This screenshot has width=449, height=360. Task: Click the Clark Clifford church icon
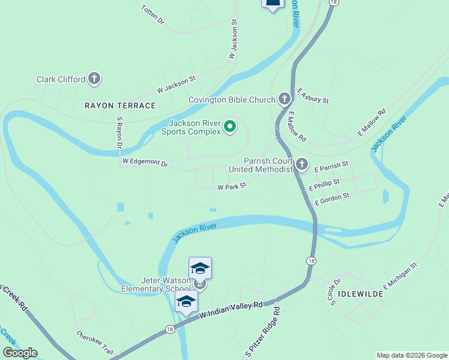coord(94,78)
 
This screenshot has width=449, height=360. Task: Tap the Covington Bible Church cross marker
coord(285,99)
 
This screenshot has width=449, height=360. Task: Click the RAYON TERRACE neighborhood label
coord(120,106)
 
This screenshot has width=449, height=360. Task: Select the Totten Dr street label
coord(152,14)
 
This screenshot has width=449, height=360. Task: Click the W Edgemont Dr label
coord(145,162)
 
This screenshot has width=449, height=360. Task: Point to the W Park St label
coord(232,187)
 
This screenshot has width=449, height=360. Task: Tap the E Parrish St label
coord(331,167)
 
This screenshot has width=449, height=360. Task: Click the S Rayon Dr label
coord(119,133)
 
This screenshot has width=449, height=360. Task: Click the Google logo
coord(20,353)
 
